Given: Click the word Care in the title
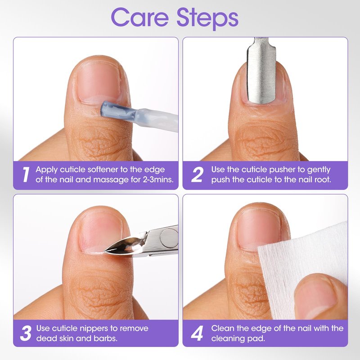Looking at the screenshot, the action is point(140,18).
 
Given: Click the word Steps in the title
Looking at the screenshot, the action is point(207,18).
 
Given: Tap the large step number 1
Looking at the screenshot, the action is point(26,175).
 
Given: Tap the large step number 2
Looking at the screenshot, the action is point(197,175).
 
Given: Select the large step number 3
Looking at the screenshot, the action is point(26,333).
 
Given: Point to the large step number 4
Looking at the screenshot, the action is point(197,333).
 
